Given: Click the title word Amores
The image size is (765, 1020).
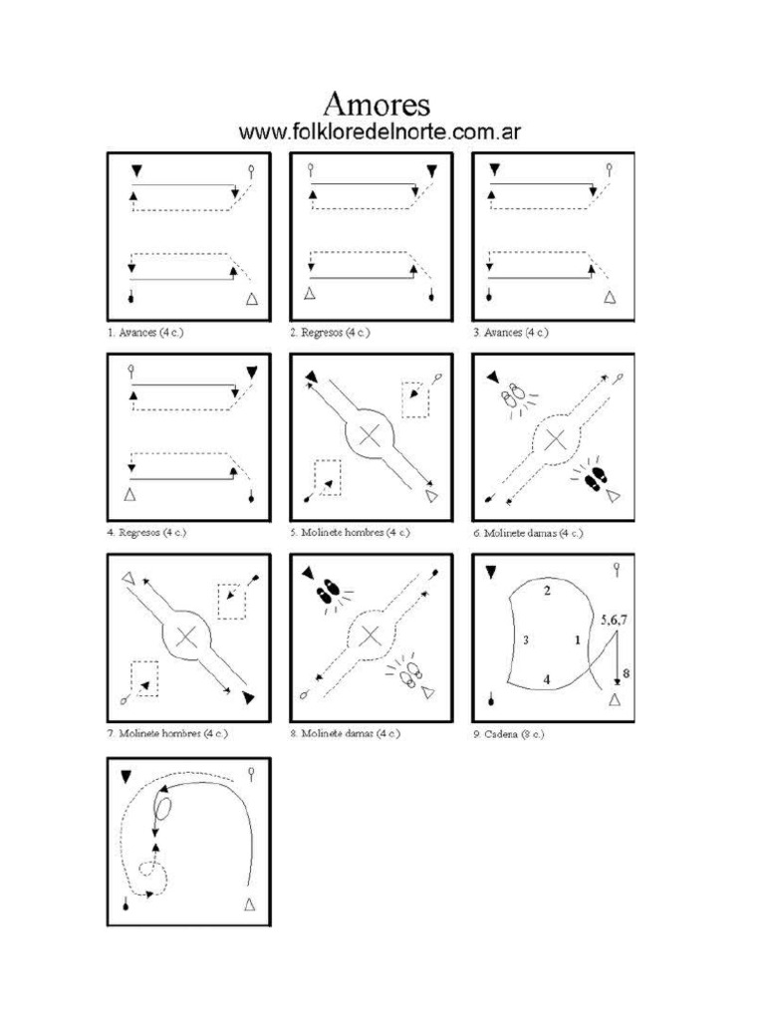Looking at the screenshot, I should pos(378,105).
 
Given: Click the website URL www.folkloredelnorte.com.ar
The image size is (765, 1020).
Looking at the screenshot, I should pos(382,132).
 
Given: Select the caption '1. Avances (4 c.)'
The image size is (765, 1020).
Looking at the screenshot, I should pos(145,333).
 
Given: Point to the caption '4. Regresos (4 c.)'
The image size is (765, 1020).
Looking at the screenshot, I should pos(146,533).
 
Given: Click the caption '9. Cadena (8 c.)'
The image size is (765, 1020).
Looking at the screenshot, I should pos(509,734).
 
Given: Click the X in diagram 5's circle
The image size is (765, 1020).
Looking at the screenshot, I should pos(371,434).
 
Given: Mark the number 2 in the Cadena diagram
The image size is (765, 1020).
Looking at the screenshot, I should pos(547,592).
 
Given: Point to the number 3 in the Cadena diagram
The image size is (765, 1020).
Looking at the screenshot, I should pos(525,640).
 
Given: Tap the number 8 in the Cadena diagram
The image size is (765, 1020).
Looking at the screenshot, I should pos(626,674).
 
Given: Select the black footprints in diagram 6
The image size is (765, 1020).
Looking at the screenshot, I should pos(597,478).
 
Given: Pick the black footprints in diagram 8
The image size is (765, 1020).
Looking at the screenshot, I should pos(327,594).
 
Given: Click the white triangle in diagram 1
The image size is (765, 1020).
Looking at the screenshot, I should pos(252,298).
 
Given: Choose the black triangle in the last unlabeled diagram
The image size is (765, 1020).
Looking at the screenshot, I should pos(127,775).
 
